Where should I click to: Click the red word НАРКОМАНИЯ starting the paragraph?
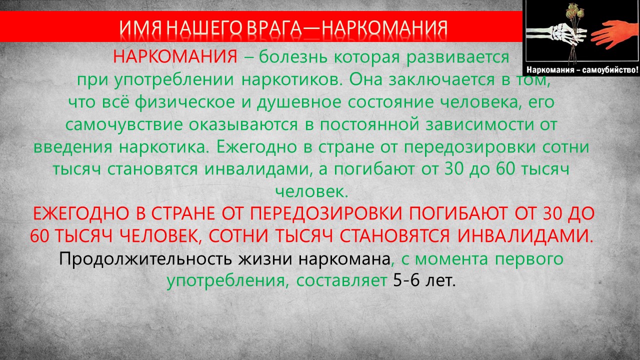pyautogui.click(x=175, y=56)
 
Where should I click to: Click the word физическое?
pyautogui.click(x=185, y=102)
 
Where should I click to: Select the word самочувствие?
pyautogui.click(x=124, y=125)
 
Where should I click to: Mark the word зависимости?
pyautogui.click(x=479, y=124)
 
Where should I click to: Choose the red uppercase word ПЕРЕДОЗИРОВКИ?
pyautogui.click(x=326, y=213)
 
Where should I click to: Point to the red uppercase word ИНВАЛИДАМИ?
pyautogui.click(x=525, y=236)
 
